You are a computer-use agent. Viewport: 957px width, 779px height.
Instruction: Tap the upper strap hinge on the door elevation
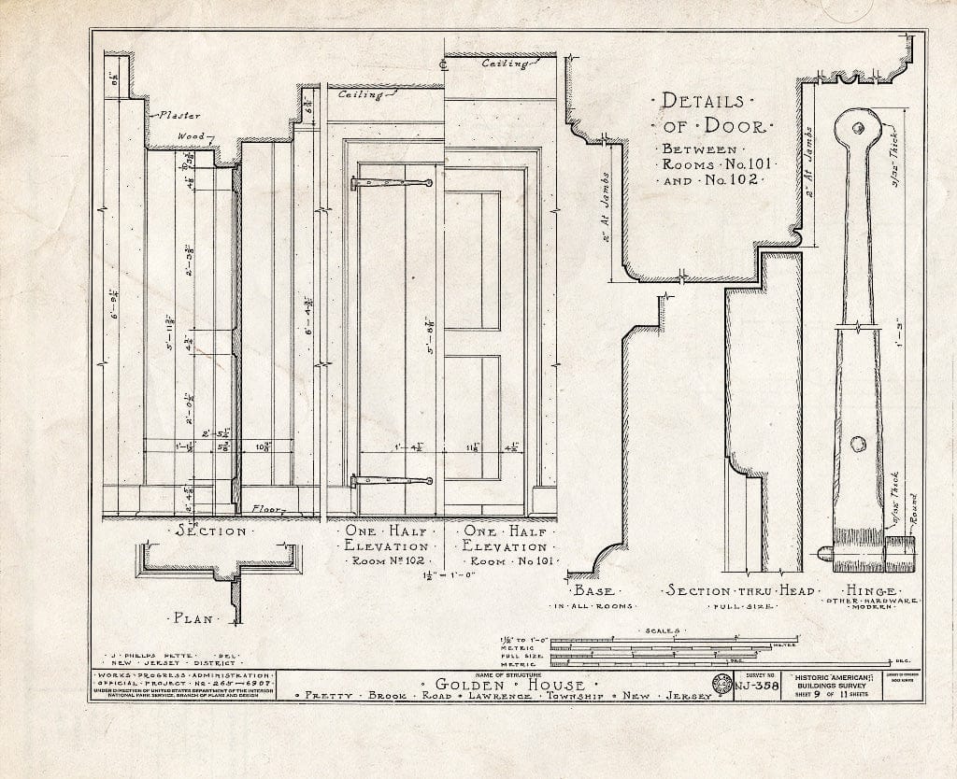tap(392, 183)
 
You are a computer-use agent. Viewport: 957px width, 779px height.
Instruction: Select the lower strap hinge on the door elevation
tap(392, 481)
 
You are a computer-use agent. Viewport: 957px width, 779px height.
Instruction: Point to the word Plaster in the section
tap(179, 116)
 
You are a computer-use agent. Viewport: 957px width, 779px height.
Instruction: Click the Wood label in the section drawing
tap(192, 136)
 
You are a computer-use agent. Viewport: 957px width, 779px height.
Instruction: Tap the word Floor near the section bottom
tap(268, 509)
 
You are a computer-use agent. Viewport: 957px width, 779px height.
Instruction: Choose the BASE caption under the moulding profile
tap(593, 591)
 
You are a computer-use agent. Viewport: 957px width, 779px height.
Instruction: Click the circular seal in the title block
tap(721, 686)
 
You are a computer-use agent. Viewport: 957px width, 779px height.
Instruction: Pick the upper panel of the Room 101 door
tap(472, 261)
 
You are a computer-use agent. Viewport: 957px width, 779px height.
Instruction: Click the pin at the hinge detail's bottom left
tap(824, 553)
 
